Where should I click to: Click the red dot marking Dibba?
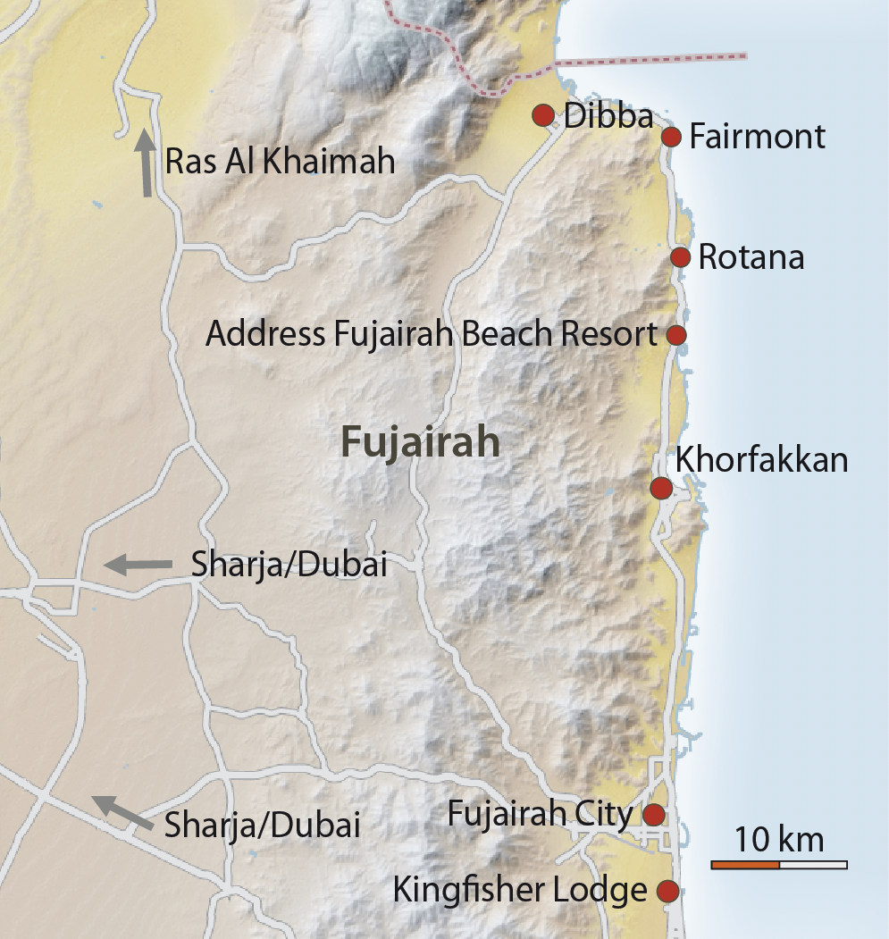coord(542,115)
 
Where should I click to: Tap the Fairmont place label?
coord(757,138)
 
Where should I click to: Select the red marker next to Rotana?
coord(681,257)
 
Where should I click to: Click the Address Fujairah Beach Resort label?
coord(432,335)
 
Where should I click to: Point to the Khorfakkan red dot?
coord(661,488)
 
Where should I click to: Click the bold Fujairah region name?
coord(419,443)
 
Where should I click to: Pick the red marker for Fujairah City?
coord(654,815)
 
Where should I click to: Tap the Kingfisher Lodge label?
coord(519,891)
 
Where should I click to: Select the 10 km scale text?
coord(778,841)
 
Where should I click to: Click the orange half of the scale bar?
coord(745,865)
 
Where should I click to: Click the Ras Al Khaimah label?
coord(280,163)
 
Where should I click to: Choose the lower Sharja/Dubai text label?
coord(262,826)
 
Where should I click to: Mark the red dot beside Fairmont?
coord(672,137)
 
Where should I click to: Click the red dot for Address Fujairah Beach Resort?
coord(676,335)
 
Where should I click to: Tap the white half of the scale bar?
coord(813,865)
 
